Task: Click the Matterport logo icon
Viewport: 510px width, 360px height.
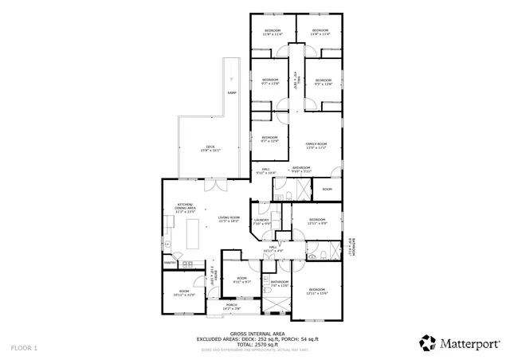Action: (428, 342)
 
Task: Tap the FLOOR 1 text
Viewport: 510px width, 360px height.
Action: (24, 348)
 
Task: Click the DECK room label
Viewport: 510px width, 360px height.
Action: (210, 147)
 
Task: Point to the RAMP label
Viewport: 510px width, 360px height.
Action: (232, 93)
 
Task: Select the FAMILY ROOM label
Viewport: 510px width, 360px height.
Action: (317, 145)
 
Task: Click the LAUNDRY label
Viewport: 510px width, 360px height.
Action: (262, 222)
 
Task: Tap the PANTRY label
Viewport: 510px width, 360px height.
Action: (170, 262)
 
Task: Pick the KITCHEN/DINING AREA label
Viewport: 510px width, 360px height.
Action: (186, 209)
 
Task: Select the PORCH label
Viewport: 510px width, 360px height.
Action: (231, 306)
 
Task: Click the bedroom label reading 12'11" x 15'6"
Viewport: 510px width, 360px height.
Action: (317, 291)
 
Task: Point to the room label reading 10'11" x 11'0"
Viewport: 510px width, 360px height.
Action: (183, 292)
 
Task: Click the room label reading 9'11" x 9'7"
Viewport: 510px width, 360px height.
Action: (241, 280)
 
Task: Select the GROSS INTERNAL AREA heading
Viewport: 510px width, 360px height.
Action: (257, 333)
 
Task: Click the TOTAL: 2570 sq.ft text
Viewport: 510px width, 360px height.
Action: (257, 343)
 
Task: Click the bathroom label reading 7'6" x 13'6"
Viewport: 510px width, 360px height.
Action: (279, 283)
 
